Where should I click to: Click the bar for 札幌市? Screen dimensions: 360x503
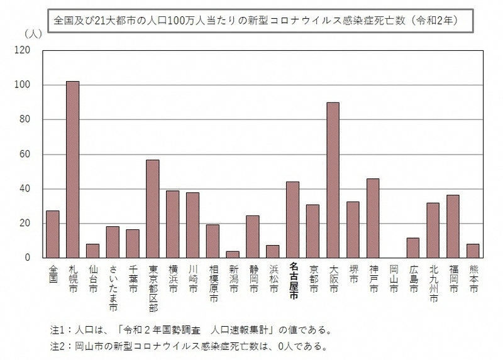tap(73, 170)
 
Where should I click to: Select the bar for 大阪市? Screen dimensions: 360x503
tap(333, 180)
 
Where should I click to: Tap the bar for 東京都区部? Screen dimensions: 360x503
tap(153, 209)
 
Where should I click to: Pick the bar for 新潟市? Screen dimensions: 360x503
tap(233, 254)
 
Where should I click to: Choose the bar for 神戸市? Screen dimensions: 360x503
tap(373, 219)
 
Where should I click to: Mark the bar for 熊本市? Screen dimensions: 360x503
tap(473, 251)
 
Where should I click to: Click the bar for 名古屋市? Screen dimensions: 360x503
tap(293, 220)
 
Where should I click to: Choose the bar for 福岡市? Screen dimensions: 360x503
tap(453, 227)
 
